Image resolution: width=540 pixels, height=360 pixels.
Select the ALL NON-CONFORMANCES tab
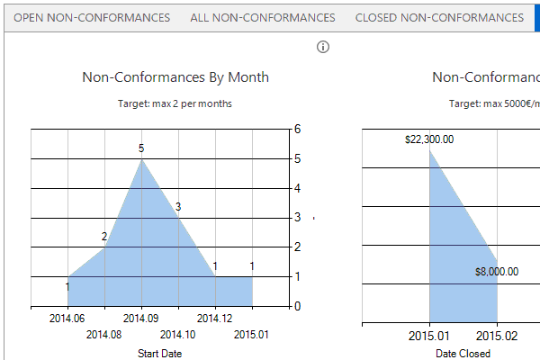(263, 17)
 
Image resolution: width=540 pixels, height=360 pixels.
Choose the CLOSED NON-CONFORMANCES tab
(439, 17)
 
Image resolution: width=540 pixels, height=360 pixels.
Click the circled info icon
(324, 47)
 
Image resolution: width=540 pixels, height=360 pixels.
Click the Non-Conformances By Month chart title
(175, 77)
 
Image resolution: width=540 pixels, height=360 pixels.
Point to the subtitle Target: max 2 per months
(175, 103)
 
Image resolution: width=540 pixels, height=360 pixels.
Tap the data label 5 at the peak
(141, 148)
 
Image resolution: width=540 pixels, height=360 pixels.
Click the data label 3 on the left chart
(178, 207)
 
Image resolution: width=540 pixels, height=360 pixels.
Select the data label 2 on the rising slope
(104, 237)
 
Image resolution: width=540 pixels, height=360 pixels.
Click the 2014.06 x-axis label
(67, 318)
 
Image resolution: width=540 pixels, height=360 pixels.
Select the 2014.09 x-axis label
(140, 318)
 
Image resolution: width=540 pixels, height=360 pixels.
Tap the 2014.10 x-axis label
(177, 335)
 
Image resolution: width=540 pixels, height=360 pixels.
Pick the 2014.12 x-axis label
(214, 318)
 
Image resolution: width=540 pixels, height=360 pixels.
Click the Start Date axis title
(159, 354)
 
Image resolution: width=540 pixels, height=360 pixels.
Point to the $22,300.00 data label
(429, 139)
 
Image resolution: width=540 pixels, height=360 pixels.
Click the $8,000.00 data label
(496, 272)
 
